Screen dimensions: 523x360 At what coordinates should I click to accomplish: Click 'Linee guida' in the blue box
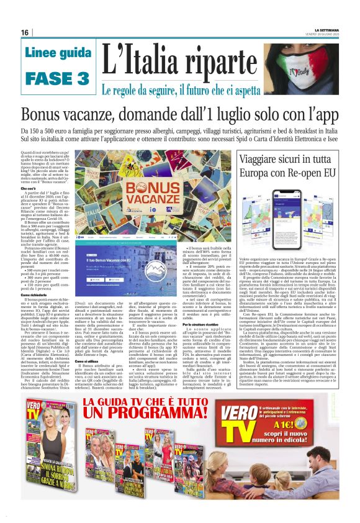[x=58, y=53]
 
